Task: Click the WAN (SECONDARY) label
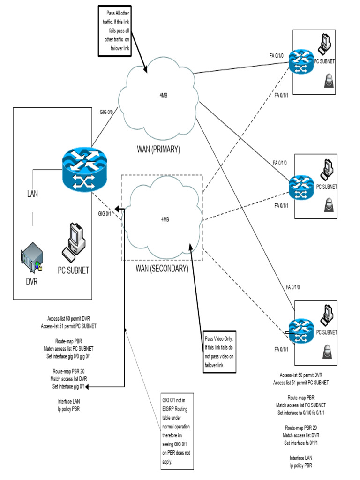click(162, 269)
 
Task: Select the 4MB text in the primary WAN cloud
click(164, 95)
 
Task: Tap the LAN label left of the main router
click(33, 193)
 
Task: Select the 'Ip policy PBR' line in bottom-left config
click(68, 409)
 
